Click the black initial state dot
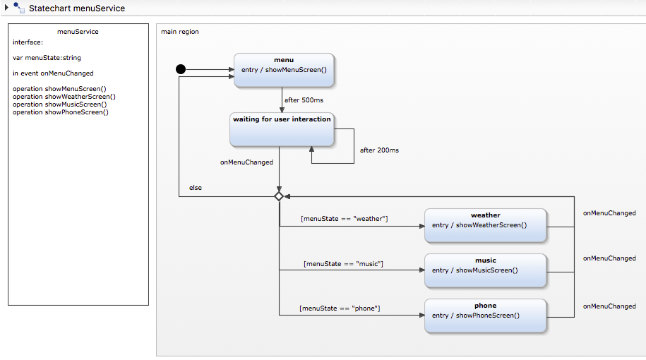180,69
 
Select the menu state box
284,71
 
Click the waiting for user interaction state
282,128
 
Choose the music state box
485,271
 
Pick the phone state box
485,316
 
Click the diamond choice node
279,196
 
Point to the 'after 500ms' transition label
304,100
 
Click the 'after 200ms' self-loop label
379,150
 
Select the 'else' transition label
196,188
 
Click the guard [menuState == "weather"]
344,219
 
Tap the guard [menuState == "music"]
343,264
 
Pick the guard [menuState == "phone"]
340,308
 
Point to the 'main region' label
180,32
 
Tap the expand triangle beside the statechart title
6,8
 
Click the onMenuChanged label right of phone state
609,306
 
